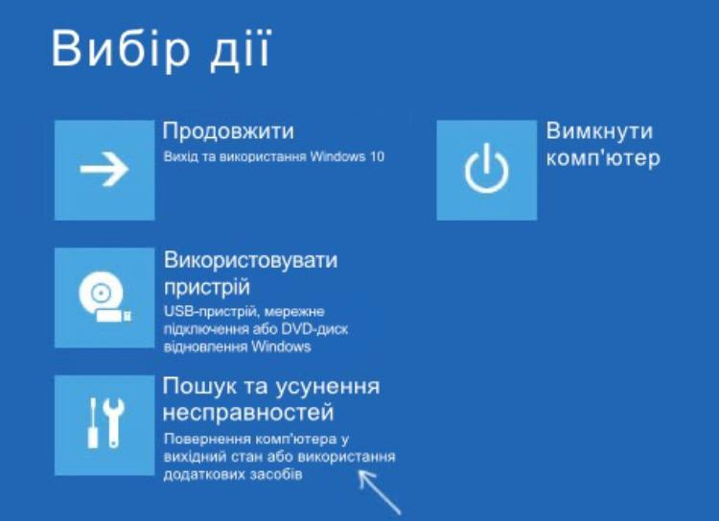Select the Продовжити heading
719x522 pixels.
pos(228,131)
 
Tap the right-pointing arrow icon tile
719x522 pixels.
pos(104,170)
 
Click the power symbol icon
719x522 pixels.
pos(486,169)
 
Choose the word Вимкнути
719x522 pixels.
pos(599,130)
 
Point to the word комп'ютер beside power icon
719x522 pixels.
pos(603,158)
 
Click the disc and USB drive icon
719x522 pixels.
pos(104,297)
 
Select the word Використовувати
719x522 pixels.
pos(250,260)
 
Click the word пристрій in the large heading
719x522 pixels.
pos(207,288)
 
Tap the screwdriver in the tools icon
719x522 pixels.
pos(93,423)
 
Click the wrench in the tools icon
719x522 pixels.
pos(113,423)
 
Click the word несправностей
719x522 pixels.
pos(248,413)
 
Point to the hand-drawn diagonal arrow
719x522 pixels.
pos(380,492)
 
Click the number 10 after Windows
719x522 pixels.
pos(377,157)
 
